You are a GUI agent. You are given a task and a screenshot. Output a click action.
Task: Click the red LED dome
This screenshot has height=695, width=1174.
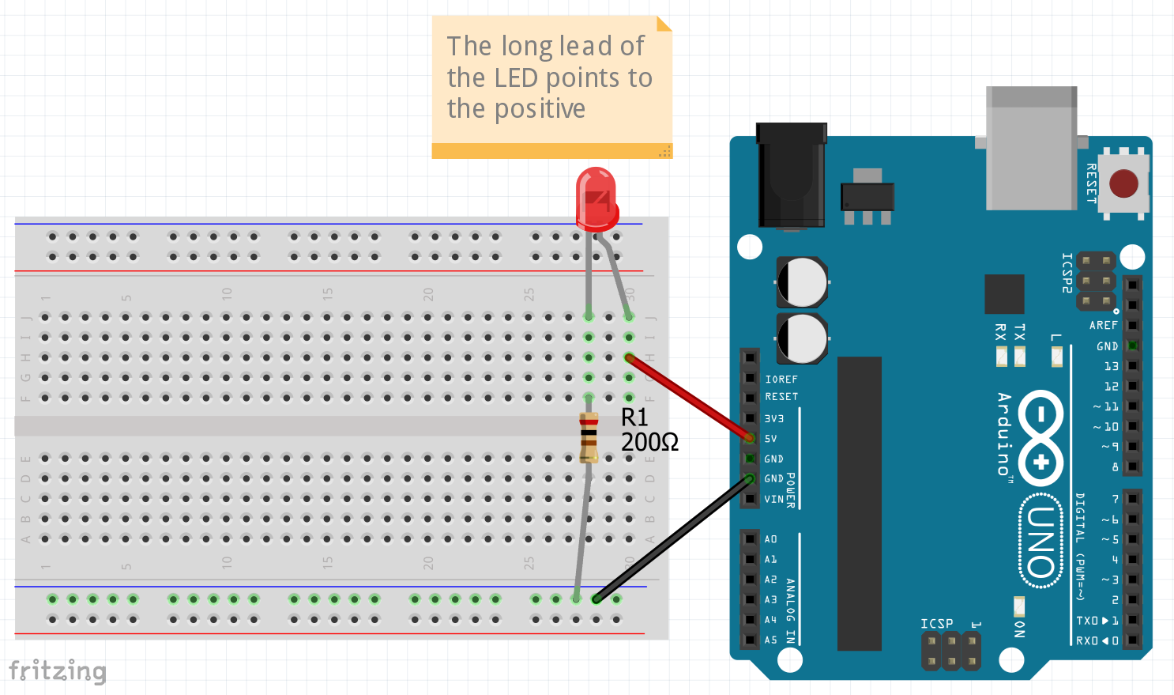coord(596,196)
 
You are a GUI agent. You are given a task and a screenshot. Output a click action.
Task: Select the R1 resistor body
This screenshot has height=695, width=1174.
coord(589,437)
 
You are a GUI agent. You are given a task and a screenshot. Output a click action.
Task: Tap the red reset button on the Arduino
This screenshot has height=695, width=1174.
coord(1123,183)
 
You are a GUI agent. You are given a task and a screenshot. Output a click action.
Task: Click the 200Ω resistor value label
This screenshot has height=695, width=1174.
coord(649,442)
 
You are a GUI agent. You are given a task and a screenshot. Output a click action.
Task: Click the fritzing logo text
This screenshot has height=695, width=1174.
coord(57,671)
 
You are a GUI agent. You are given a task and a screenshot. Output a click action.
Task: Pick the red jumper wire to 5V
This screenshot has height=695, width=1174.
coord(689,398)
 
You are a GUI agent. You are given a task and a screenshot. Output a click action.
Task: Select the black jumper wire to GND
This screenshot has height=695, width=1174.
coord(672,538)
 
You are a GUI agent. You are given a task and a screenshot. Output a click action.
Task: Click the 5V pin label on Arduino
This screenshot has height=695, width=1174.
coord(771,439)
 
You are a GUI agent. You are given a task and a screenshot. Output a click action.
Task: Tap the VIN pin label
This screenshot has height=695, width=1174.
coord(774,500)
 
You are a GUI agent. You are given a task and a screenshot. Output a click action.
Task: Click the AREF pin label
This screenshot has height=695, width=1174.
coord(1104,325)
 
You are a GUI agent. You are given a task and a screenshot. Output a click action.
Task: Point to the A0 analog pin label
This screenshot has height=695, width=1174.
coord(771,539)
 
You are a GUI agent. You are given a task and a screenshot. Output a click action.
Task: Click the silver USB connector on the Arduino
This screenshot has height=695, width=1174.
coord(1031,149)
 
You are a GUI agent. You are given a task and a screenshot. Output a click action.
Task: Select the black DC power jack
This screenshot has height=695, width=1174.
coord(792,176)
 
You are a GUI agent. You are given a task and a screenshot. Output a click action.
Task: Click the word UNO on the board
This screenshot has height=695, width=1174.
coord(1041,541)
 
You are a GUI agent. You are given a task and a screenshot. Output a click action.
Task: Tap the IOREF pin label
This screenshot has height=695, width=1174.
coord(781,380)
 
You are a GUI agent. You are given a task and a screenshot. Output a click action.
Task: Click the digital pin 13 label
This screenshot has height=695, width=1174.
coord(1111,366)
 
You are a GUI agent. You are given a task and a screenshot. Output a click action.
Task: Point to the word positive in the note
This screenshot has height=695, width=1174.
coord(540,109)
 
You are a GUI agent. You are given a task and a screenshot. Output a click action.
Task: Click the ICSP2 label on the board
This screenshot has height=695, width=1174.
coord(1067,273)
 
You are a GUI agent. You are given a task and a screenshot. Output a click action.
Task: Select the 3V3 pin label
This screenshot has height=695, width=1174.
coord(774,418)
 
